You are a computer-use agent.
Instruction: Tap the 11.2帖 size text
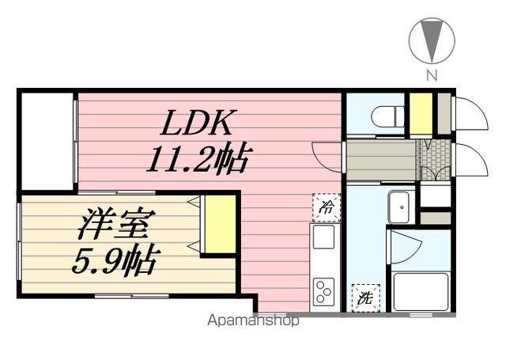pos(197,161)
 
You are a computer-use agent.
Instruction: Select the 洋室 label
pos(116,224)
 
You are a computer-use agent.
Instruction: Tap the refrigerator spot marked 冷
pos(325,207)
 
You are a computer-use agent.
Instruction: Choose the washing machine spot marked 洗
pos(365,297)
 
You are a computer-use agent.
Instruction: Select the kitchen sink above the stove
pos(323,237)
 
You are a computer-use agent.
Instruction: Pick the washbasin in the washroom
pos(400,207)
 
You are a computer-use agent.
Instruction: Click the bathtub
pos(420,292)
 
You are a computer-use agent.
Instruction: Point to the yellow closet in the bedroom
pos(219,224)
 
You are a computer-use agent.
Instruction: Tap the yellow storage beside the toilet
pos(421,115)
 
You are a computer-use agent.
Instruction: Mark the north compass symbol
pos(431,39)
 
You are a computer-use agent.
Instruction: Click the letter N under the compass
pos(432,76)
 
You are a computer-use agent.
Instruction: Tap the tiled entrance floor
pos(434,161)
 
